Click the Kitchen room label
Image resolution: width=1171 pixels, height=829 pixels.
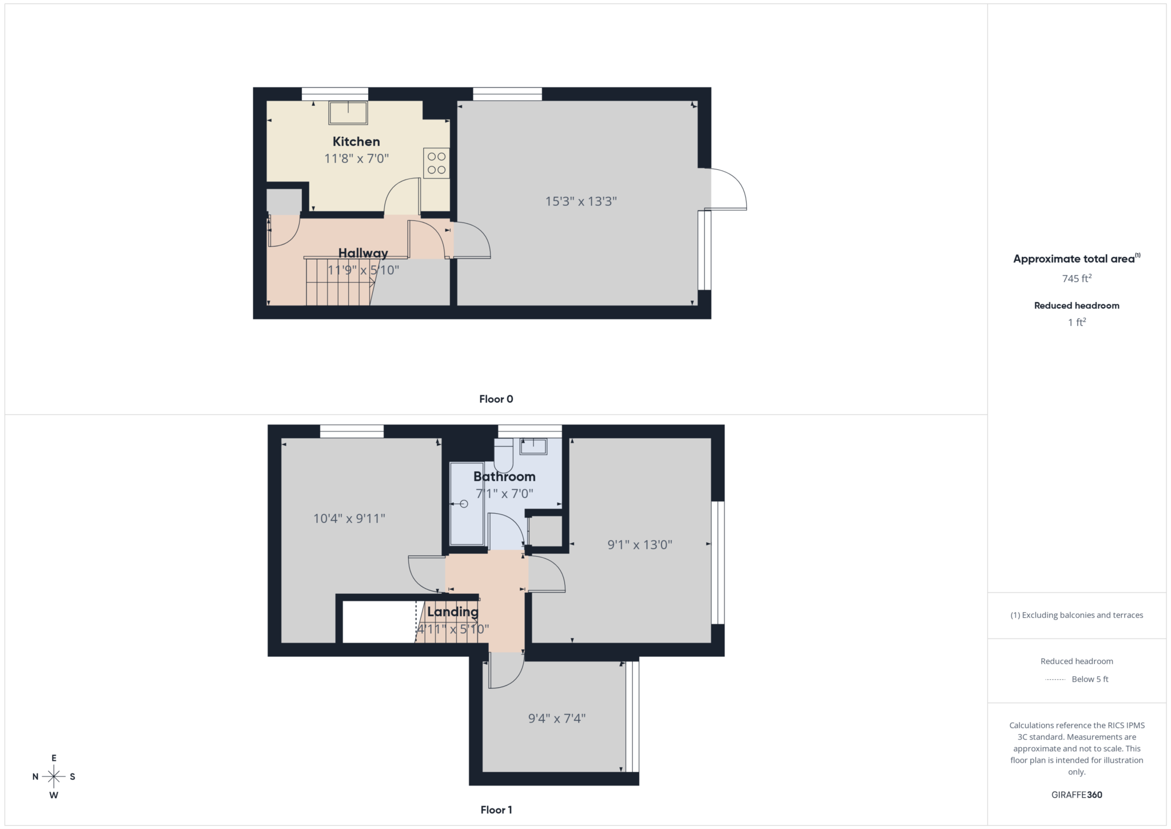tap(356, 141)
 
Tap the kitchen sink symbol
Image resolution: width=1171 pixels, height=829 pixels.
tap(348, 113)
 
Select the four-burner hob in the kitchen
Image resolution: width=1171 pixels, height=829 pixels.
tap(436, 163)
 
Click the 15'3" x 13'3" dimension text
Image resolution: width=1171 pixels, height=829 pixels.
tap(581, 201)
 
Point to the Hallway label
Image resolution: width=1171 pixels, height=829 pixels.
tap(363, 253)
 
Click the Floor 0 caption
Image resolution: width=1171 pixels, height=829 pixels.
tap(496, 399)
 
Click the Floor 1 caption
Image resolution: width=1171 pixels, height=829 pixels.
tap(496, 810)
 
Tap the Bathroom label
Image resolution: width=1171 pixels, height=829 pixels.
tap(504, 477)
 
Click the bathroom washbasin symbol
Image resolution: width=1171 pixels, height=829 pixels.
tap(533, 446)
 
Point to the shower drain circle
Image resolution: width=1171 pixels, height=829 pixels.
tap(464, 504)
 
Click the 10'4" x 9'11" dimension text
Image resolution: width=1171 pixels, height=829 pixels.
tap(349, 518)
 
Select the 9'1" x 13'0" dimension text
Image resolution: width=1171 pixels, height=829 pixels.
tap(639, 545)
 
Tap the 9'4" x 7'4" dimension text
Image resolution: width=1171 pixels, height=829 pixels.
tap(556, 718)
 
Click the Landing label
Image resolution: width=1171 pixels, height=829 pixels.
tap(452, 612)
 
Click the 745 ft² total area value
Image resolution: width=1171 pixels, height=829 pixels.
tap(1077, 279)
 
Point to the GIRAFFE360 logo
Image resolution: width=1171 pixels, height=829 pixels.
tap(1077, 795)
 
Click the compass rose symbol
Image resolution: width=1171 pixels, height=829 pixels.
tap(54, 776)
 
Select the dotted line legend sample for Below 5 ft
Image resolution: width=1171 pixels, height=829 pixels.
tap(1055, 680)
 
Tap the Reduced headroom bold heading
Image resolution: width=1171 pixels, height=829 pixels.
tap(1077, 306)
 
